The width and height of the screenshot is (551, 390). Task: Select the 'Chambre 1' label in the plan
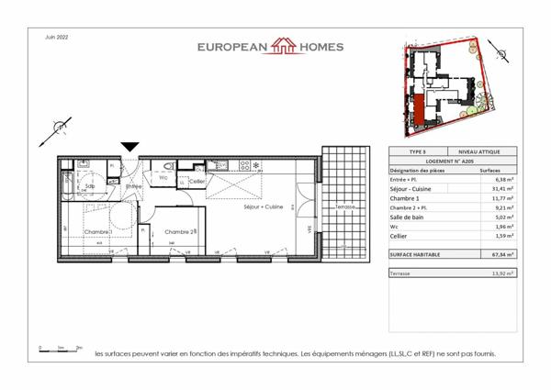[x=98, y=232]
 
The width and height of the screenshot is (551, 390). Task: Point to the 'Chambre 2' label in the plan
[x=180, y=232]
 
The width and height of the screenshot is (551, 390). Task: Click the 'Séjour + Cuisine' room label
[x=263, y=207]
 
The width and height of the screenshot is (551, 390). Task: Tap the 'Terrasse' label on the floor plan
[x=344, y=207]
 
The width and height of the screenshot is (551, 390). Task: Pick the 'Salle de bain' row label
[x=410, y=217]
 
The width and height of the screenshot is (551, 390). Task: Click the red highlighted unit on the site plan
[x=419, y=109]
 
